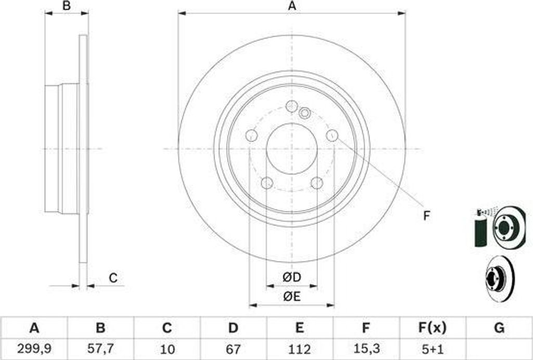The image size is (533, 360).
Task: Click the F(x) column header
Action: (433, 328)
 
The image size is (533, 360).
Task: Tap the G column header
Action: (499, 328)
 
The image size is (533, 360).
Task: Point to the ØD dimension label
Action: (292, 278)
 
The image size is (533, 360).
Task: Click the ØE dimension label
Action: (292, 297)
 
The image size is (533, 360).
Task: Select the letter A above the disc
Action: (292, 6)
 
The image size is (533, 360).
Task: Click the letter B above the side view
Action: (66, 6)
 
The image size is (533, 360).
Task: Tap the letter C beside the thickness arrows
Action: (113, 278)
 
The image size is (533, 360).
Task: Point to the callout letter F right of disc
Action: (426, 216)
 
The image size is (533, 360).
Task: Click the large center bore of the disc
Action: (291, 149)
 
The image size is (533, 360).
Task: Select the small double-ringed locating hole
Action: (305, 112)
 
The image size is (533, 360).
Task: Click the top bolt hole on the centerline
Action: (292, 105)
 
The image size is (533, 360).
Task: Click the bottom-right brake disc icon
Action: (499, 276)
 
